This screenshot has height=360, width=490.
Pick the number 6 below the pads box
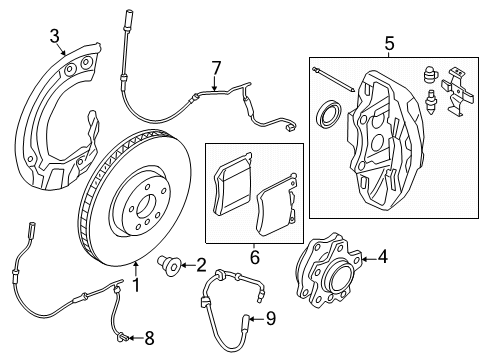[253, 257]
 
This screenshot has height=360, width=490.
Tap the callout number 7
[214, 67]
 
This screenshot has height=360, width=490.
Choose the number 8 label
[151, 337]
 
